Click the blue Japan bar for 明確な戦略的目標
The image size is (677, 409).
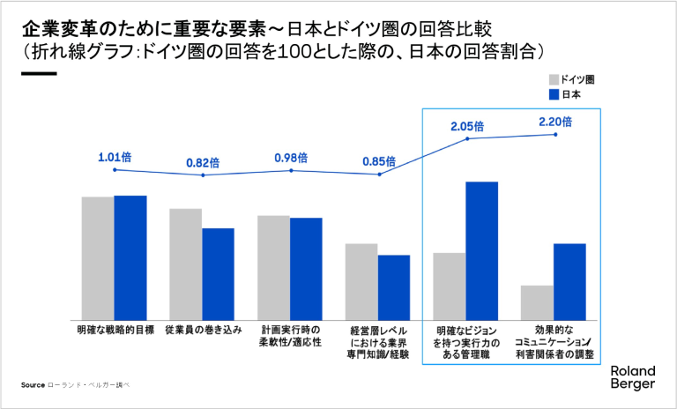pos(130,257)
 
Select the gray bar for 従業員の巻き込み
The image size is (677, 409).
pos(185,264)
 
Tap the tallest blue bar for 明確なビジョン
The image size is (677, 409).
pos(482,250)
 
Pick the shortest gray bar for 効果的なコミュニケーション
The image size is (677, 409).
pos(537,302)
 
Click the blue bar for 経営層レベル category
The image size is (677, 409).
pos(394,287)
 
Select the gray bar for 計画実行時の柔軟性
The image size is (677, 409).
pos(273,267)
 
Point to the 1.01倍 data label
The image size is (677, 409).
pos(115,158)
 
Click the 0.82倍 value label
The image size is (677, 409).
pos(203,163)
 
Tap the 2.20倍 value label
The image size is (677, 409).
pos(555,122)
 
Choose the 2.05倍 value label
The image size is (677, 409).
pos(467,126)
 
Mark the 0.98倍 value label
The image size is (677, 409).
pos(291,158)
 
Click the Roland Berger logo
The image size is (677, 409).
pos(632,378)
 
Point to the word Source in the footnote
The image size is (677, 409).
pos(33,385)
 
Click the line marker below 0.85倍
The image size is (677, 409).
pos(379,175)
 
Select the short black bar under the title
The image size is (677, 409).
pos(38,73)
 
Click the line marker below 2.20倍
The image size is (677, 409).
pos(555,134)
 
